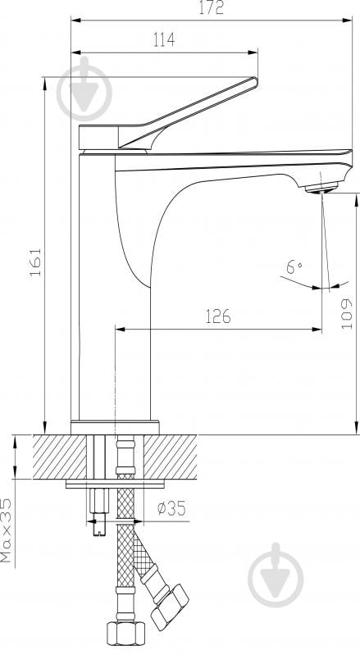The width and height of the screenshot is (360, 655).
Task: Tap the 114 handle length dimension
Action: (x=164, y=39)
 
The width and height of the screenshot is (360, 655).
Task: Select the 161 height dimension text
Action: (x=36, y=262)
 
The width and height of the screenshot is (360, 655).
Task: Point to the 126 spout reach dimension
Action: (x=218, y=316)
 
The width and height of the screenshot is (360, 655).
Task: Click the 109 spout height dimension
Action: (x=347, y=313)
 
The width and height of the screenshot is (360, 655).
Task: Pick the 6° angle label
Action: (x=294, y=266)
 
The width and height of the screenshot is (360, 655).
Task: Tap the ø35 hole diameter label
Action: (x=171, y=508)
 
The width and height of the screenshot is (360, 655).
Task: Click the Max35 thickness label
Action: (x=6, y=530)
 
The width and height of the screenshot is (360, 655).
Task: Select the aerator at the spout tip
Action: (x=321, y=188)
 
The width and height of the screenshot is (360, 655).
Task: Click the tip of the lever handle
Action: (x=255, y=80)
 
